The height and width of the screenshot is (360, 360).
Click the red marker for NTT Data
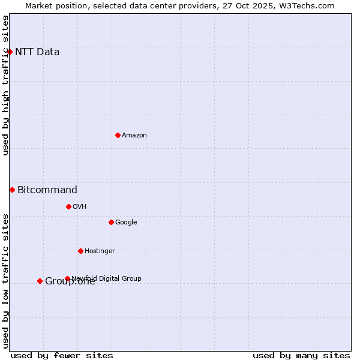pyautogui.click(x=10, y=52)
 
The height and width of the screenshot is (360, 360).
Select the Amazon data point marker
pyautogui.click(x=118, y=135)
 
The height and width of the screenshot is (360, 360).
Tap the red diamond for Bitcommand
pyautogui.click(x=12, y=190)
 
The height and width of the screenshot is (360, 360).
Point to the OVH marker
pyautogui.click(x=68, y=206)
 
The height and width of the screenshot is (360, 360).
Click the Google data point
pyautogui.click(x=111, y=222)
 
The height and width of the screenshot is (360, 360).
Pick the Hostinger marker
pyautogui.click(x=80, y=251)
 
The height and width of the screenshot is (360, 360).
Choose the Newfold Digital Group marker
pyautogui.click(x=67, y=278)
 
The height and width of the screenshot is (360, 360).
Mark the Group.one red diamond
pyautogui.click(x=40, y=281)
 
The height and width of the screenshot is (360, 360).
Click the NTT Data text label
pyautogui.click(x=37, y=52)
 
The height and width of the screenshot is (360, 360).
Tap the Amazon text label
pyautogui.click(x=134, y=136)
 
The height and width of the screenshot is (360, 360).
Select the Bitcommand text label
pyautogui.click(x=47, y=190)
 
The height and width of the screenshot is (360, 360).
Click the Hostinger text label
pyautogui.click(x=100, y=251)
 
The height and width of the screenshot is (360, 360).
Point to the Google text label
pyautogui.click(x=126, y=223)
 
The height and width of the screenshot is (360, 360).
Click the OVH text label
pyautogui.click(x=80, y=207)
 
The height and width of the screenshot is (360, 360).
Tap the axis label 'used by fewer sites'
pyautogui.click(x=62, y=355)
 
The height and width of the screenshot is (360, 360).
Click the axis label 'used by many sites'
pyautogui.click(x=301, y=355)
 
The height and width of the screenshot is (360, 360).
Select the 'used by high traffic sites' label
pyautogui.click(x=6, y=85)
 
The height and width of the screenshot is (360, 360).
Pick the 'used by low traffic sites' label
pyautogui.click(x=6, y=281)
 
